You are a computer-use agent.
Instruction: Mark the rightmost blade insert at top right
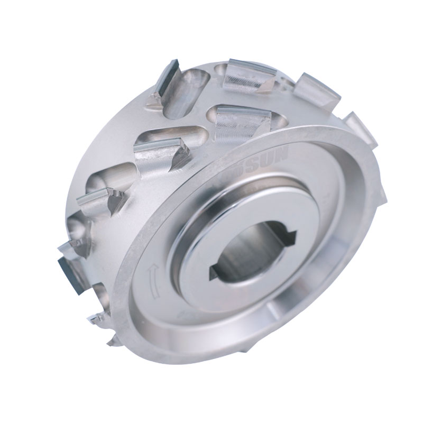click(360, 127)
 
